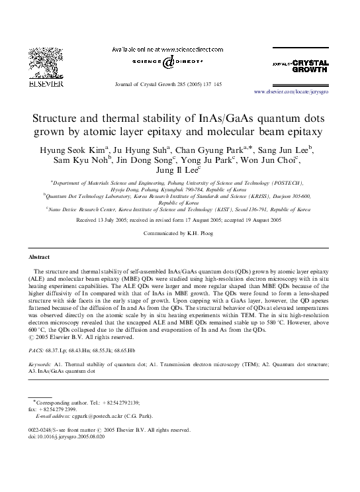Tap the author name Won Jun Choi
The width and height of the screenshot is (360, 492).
(300, 160)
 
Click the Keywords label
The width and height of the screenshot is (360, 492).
(41, 364)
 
